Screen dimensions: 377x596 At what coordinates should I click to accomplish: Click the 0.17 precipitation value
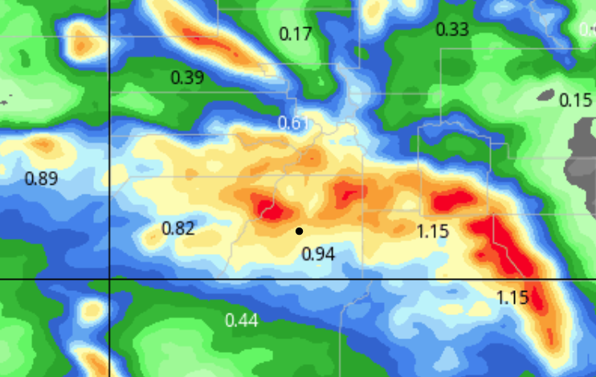click(295, 34)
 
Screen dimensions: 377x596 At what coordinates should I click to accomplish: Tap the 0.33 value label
click(451, 30)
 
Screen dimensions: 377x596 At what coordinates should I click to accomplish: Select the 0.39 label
click(187, 77)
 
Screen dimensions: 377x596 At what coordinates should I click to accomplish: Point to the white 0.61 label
click(293, 123)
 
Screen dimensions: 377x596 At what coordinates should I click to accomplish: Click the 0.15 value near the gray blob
click(575, 100)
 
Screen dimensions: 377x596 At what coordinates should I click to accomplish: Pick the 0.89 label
click(42, 178)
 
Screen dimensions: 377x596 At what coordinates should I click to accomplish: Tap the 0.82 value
click(178, 228)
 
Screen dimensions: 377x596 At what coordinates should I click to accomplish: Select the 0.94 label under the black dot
click(317, 254)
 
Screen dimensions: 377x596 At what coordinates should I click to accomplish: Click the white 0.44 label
click(241, 321)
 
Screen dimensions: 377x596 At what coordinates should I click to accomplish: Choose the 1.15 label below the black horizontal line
click(512, 297)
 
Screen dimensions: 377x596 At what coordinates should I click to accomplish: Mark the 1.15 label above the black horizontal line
click(432, 232)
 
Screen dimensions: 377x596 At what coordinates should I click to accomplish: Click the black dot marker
click(299, 231)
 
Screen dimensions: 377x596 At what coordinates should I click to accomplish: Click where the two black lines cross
click(108, 278)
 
